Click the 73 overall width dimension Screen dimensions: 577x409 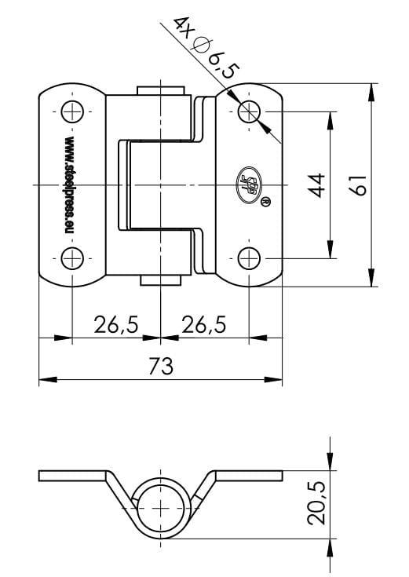160,365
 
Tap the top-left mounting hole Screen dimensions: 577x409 71,111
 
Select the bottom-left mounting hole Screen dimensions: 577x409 71,257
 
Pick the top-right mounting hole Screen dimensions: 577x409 249,111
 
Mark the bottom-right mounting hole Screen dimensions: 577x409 249,257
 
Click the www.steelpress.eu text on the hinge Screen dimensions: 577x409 68,184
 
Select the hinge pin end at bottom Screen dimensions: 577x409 160,280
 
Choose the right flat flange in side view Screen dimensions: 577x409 249,476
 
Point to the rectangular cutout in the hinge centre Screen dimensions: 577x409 154,184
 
